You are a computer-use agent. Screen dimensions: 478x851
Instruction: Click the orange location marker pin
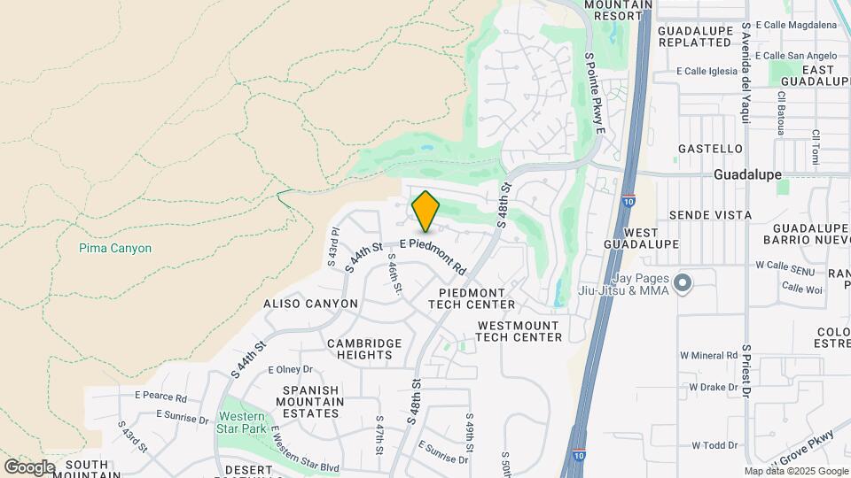425,212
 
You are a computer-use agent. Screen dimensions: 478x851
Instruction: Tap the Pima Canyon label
114,249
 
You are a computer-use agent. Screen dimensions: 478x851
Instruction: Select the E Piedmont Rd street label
433,254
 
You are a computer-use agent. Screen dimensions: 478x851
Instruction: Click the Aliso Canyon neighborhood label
310,304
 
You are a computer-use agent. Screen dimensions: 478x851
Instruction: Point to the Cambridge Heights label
364,349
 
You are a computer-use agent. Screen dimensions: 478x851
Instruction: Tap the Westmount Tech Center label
519,331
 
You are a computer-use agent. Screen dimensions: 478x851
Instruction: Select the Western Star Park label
242,423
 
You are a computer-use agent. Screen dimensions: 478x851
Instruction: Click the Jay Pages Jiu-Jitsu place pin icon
682,283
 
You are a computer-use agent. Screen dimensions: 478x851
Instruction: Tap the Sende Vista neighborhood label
710,215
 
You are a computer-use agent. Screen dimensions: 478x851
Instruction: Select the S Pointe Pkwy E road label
593,92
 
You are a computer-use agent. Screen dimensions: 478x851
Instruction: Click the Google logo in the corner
29,467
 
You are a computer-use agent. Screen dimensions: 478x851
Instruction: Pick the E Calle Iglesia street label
707,71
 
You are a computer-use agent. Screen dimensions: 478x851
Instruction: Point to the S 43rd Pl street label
333,251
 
